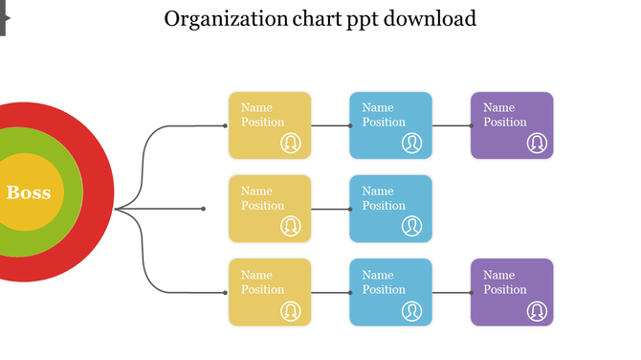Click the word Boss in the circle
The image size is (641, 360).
pos(29,192)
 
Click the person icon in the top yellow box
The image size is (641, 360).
pos(291,143)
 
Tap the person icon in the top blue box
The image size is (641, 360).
pos(411,143)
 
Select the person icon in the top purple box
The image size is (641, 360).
pos(537,143)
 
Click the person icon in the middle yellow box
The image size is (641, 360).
pos(291,226)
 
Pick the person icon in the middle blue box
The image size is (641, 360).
pos(411,226)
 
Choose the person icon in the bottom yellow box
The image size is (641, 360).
pos(291,311)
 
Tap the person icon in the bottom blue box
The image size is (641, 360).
pos(411,311)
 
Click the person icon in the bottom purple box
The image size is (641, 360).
pos(537,311)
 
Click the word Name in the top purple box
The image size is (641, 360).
pos(498,107)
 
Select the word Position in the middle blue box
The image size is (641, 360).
pos(384,205)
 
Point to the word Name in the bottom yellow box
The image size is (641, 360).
pos(256,275)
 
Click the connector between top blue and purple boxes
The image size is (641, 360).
pos(452,125)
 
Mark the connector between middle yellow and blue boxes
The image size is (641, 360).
pos(330,209)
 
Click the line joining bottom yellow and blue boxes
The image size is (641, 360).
pos(330,292)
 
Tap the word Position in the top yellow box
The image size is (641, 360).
pos(262,122)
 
